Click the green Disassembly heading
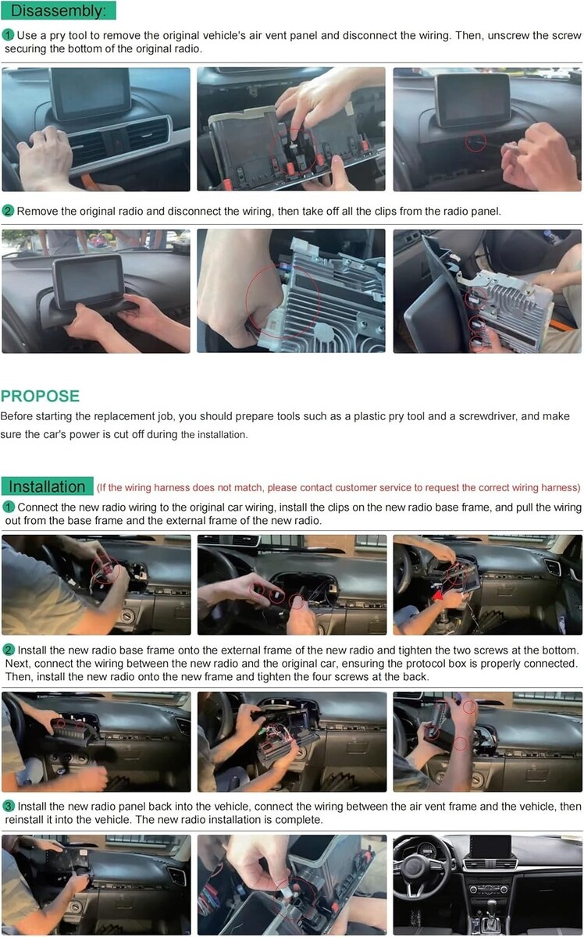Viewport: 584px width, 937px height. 58,10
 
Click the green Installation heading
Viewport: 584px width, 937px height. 47,486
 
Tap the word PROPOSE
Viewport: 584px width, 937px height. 40,396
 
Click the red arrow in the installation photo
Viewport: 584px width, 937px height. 439,594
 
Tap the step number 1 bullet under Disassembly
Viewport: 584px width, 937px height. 8,35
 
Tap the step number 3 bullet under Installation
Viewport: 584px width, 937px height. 9,806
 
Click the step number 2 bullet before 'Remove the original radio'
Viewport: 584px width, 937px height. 8,211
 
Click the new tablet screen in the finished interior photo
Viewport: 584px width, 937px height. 490,847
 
